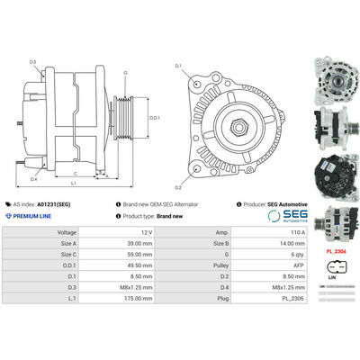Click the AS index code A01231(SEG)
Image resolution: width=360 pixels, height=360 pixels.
(68, 204)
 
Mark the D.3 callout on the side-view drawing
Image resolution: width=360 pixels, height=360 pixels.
(32, 62)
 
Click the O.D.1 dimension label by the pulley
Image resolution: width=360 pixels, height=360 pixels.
(155, 118)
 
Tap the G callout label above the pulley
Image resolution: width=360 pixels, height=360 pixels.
(125, 72)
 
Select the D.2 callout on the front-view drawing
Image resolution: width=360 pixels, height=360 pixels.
(178, 187)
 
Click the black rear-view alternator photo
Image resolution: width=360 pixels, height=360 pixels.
(332, 171)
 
